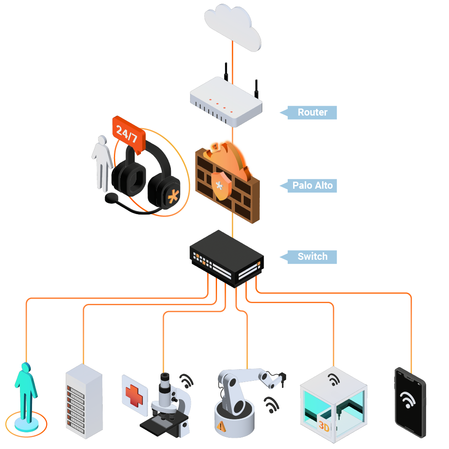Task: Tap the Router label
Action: [x=312, y=112]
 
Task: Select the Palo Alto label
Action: [x=312, y=185]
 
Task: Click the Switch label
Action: [x=312, y=257]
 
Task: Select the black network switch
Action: [x=227, y=258]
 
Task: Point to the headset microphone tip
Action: [x=111, y=198]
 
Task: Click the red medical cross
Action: [x=134, y=395]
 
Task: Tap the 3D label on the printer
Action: [x=323, y=426]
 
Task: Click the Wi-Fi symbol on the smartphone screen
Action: [x=409, y=400]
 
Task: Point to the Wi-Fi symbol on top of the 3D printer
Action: [x=333, y=379]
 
